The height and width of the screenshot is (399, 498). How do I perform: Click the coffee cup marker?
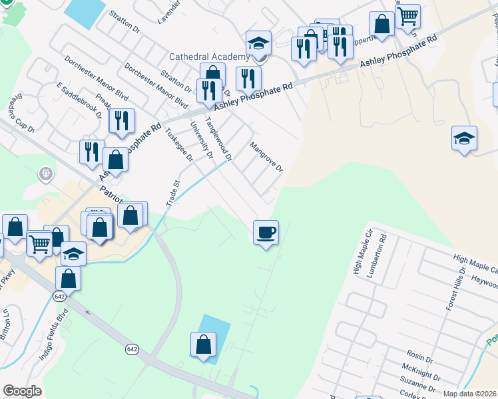(x=266, y=233)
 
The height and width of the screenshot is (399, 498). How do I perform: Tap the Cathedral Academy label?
(x=208, y=57)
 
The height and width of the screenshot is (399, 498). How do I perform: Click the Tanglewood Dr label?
(x=218, y=140)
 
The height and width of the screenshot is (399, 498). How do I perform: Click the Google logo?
(x=22, y=391)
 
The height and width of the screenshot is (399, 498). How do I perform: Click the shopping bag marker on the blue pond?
(x=203, y=345)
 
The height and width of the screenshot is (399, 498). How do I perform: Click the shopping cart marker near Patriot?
(x=39, y=244)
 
